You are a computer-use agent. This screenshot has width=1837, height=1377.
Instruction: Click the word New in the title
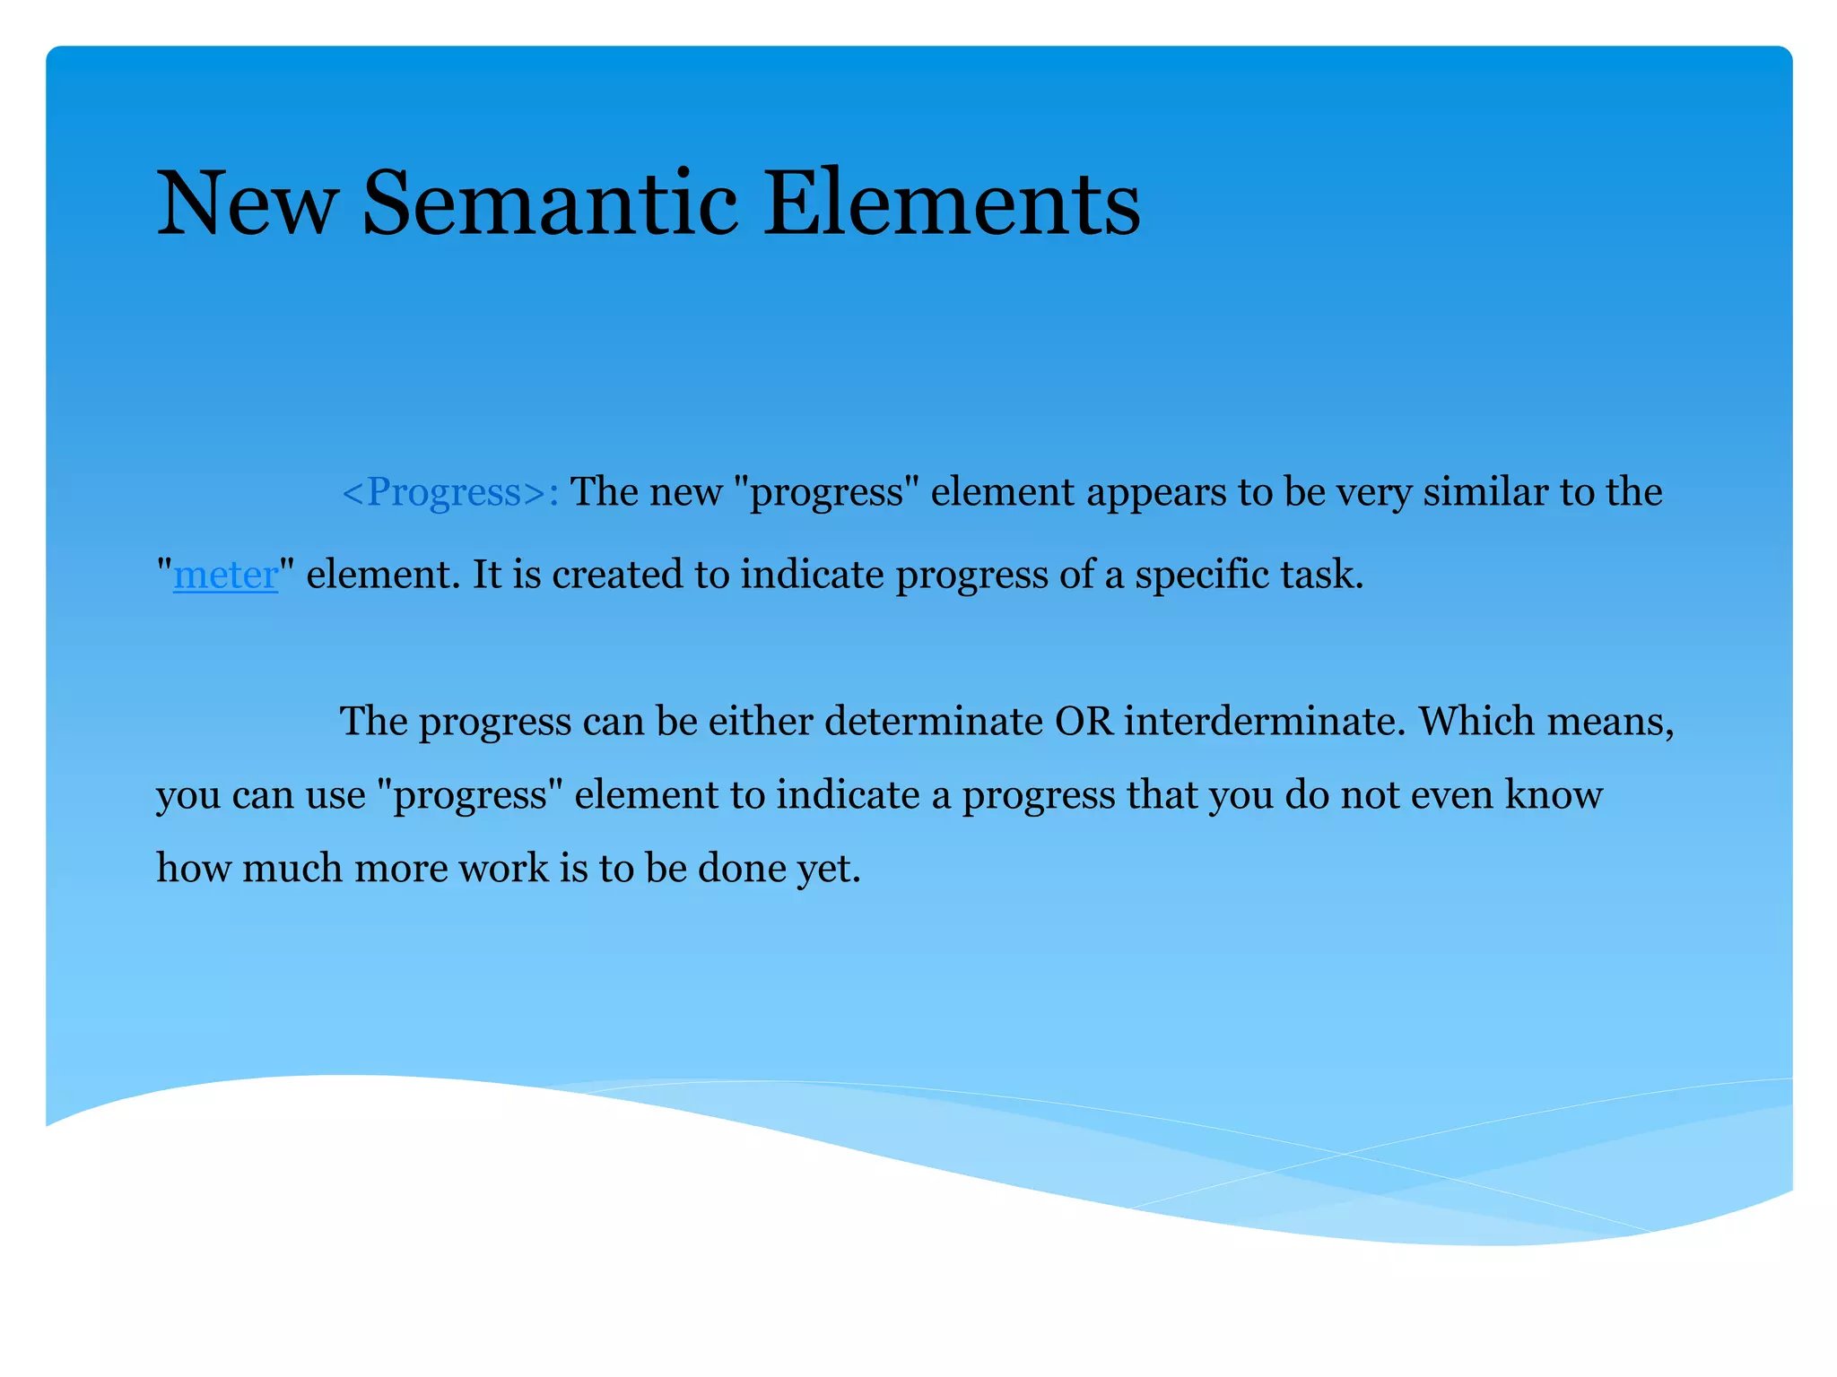(247, 204)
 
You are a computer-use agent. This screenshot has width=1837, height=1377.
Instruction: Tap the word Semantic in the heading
(549, 204)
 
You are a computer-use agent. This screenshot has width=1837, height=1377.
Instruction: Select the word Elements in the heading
(951, 204)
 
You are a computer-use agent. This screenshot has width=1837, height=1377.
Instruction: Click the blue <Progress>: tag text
(450, 492)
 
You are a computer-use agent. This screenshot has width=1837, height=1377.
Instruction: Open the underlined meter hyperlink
(225, 575)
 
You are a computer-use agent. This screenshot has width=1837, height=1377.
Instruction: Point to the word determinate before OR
(933, 722)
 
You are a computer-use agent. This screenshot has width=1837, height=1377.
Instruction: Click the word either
(760, 722)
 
